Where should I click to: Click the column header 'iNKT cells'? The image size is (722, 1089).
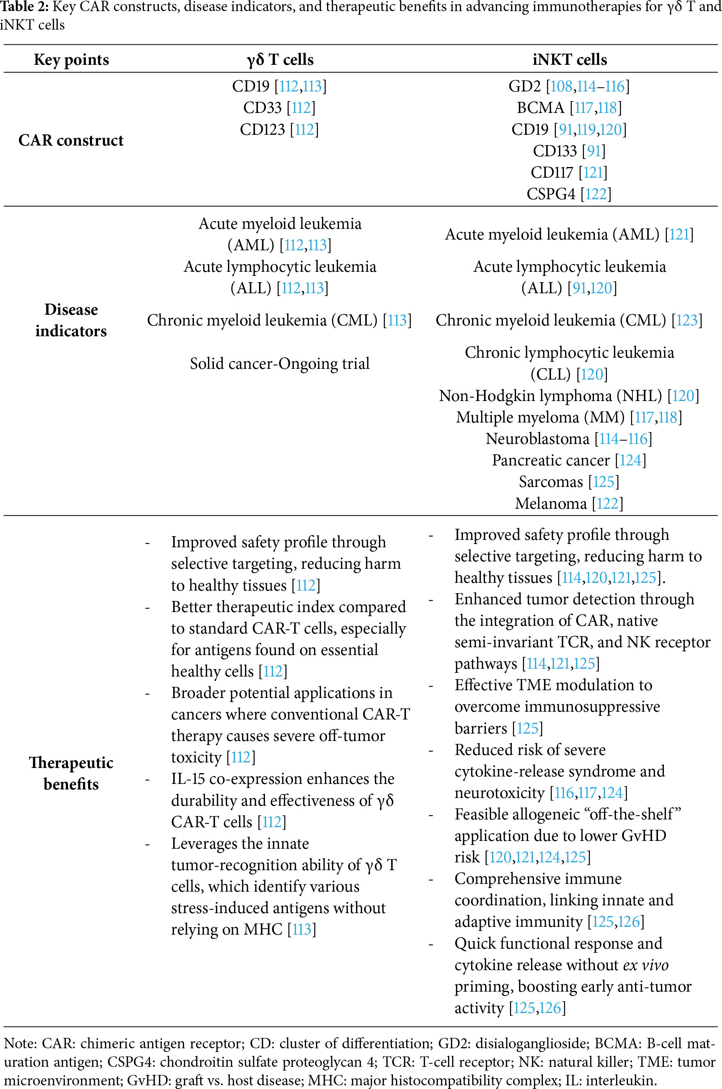pyautogui.click(x=569, y=60)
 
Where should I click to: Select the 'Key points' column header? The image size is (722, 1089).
pyautogui.click(x=71, y=60)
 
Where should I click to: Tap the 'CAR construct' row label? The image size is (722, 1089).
pyautogui.click(x=71, y=140)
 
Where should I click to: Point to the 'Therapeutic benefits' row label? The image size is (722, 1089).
pyautogui.click(x=71, y=773)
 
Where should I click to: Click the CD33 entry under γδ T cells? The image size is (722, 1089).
pyautogui.click(x=262, y=108)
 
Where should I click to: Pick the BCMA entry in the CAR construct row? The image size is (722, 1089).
pyautogui.click(x=540, y=108)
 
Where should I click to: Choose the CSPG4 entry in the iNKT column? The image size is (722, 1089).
pyautogui.click(x=551, y=194)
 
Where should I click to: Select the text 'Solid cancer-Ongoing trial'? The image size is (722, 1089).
pyautogui.click(x=279, y=364)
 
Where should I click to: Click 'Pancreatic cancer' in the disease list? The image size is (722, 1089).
pyautogui.click(x=551, y=460)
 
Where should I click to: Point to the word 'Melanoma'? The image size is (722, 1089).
pyautogui.click(x=551, y=504)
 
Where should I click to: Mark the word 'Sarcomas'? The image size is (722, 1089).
pyautogui.click(x=551, y=482)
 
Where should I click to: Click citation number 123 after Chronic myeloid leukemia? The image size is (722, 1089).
pyautogui.click(x=687, y=321)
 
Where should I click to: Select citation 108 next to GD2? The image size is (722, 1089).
pyautogui.click(x=561, y=87)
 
